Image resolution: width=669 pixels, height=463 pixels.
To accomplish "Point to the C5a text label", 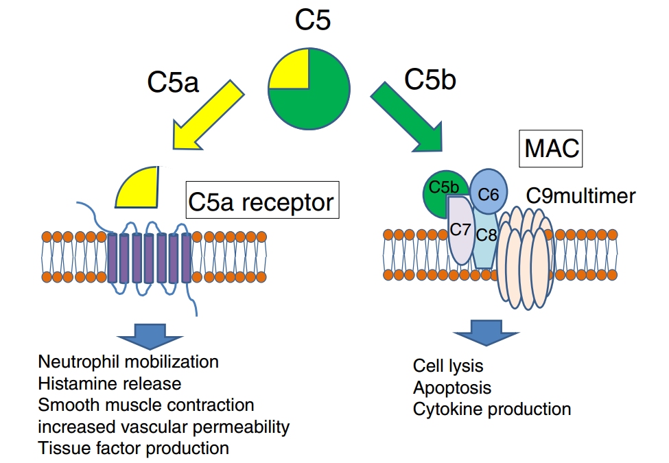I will (x=172, y=82).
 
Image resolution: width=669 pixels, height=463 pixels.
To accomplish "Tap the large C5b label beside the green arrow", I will (x=430, y=80).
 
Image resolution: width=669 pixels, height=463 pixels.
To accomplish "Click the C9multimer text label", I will (x=580, y=196).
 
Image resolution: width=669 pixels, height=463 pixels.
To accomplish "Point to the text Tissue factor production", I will (x=133, y=449).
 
